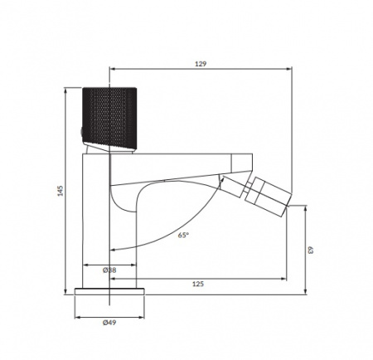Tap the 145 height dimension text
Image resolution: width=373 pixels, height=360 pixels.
59,191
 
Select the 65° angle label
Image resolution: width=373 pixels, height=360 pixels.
182,235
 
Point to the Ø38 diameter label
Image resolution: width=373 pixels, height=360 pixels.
109,270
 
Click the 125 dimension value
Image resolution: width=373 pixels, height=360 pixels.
198,284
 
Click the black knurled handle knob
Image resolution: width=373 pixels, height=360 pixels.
109,119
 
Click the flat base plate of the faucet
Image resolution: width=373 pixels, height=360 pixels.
109,291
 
